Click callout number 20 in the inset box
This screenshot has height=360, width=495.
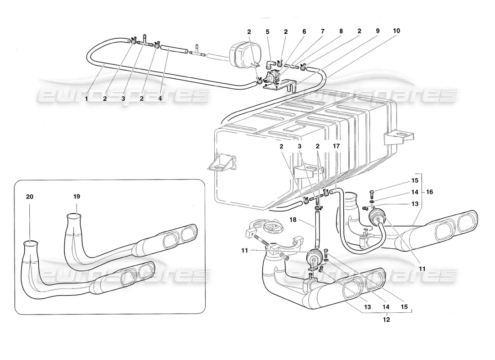click(x=29, y=197)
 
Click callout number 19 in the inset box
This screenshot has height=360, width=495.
click(x=76, y=196)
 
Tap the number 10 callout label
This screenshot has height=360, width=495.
click(x=396, y=31)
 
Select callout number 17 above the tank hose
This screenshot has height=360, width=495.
click(x=336, y=146)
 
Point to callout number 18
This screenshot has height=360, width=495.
click(x=293, y=219)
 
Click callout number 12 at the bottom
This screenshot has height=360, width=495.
click(x=387, y=319)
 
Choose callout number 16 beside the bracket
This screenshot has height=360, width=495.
click(x=429, y=192)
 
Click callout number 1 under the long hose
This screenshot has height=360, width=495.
click(x=86, y=99)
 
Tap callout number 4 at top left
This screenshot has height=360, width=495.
click(x=160, y=99)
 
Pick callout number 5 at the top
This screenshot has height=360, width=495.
click(x=267, y=31)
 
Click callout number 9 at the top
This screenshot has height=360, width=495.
click(x=378, y=31)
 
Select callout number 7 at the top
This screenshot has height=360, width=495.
click(x=323, y=31)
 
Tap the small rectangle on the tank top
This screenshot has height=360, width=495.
click(x=292, y=128)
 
